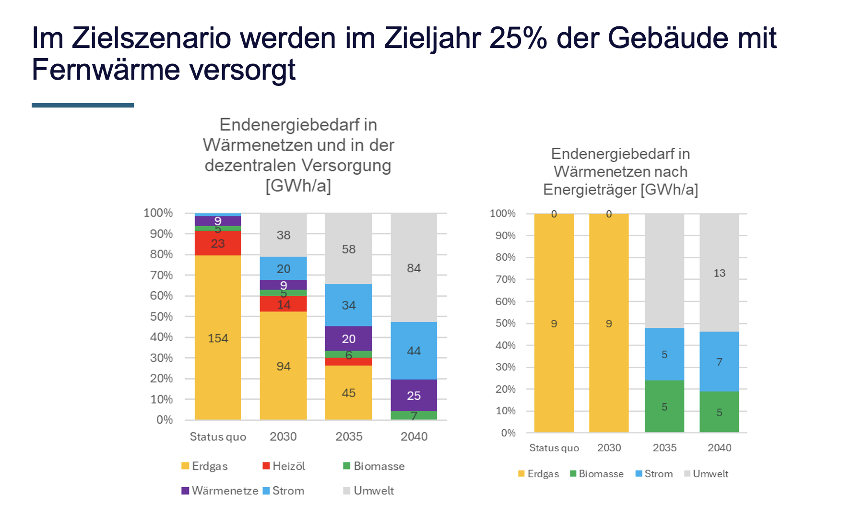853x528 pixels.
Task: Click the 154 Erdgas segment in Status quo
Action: [218, 338]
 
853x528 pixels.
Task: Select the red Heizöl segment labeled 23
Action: [218, 243]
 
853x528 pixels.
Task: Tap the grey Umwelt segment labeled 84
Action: [414, 268]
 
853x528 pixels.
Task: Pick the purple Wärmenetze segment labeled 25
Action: [414, 396]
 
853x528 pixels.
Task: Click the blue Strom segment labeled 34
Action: [348, 305]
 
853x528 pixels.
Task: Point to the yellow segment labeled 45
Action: [348, 393]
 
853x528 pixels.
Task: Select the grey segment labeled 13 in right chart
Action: [719, 273]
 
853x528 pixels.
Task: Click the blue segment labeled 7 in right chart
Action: [719, 361]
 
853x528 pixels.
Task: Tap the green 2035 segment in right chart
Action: [664, 407]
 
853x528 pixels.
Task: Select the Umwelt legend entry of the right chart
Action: [706, 474]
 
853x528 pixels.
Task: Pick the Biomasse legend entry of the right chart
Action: [597, 474]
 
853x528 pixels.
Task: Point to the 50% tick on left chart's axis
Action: [161, 317]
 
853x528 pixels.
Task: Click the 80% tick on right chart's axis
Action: [505, 257]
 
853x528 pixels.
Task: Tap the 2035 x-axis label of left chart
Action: [349, 436]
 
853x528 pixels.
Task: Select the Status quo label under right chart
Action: [554, 448]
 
